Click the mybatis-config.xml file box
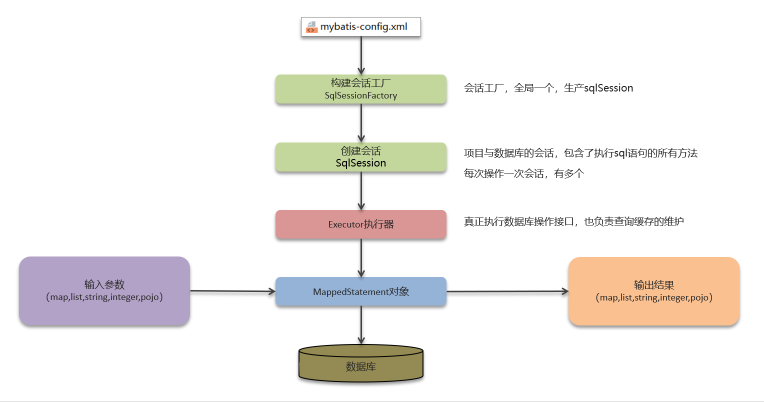click(x=361, y=27)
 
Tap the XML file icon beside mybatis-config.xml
click(x=312, y=27)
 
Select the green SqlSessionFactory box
click(x=361, y=89)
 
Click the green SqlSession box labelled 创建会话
click(x=361, y=157)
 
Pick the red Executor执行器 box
click(x=361, y=224)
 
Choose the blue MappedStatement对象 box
click(x=361, y=291)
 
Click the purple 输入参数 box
click(x=104, y=290)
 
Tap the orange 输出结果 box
click(x=654, y=291)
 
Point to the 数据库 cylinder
click(x=361, y=364)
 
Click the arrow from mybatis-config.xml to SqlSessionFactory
click(x=361, y=55)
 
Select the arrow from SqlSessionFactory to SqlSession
click(x=361, y=123)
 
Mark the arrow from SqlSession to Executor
click(x=361, y=190)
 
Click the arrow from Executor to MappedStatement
click(x=361, y=257)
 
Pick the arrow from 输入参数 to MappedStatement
click(x=232, y=291)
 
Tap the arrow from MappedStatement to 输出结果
click(x=507, y=291)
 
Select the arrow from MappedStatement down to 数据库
click(x=361, y=325)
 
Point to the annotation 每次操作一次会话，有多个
click(x=524, y=173)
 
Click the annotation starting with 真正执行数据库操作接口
click(x=573, y=221)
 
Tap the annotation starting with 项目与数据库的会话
click(x=580, y=153)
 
